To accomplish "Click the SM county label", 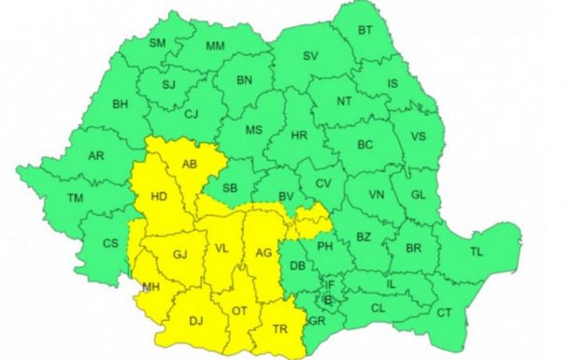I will click(157, 43).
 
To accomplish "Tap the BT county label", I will click(365, 30).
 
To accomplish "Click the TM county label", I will click(75, 197).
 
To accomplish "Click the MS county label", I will click(254, 131).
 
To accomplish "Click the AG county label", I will click(263, 252).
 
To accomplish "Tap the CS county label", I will click(110, 244).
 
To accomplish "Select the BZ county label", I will click(363, 238).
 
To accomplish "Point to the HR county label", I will click(300, 136).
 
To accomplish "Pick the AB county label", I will click(191, 166).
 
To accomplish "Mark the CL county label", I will click(378, 307).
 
